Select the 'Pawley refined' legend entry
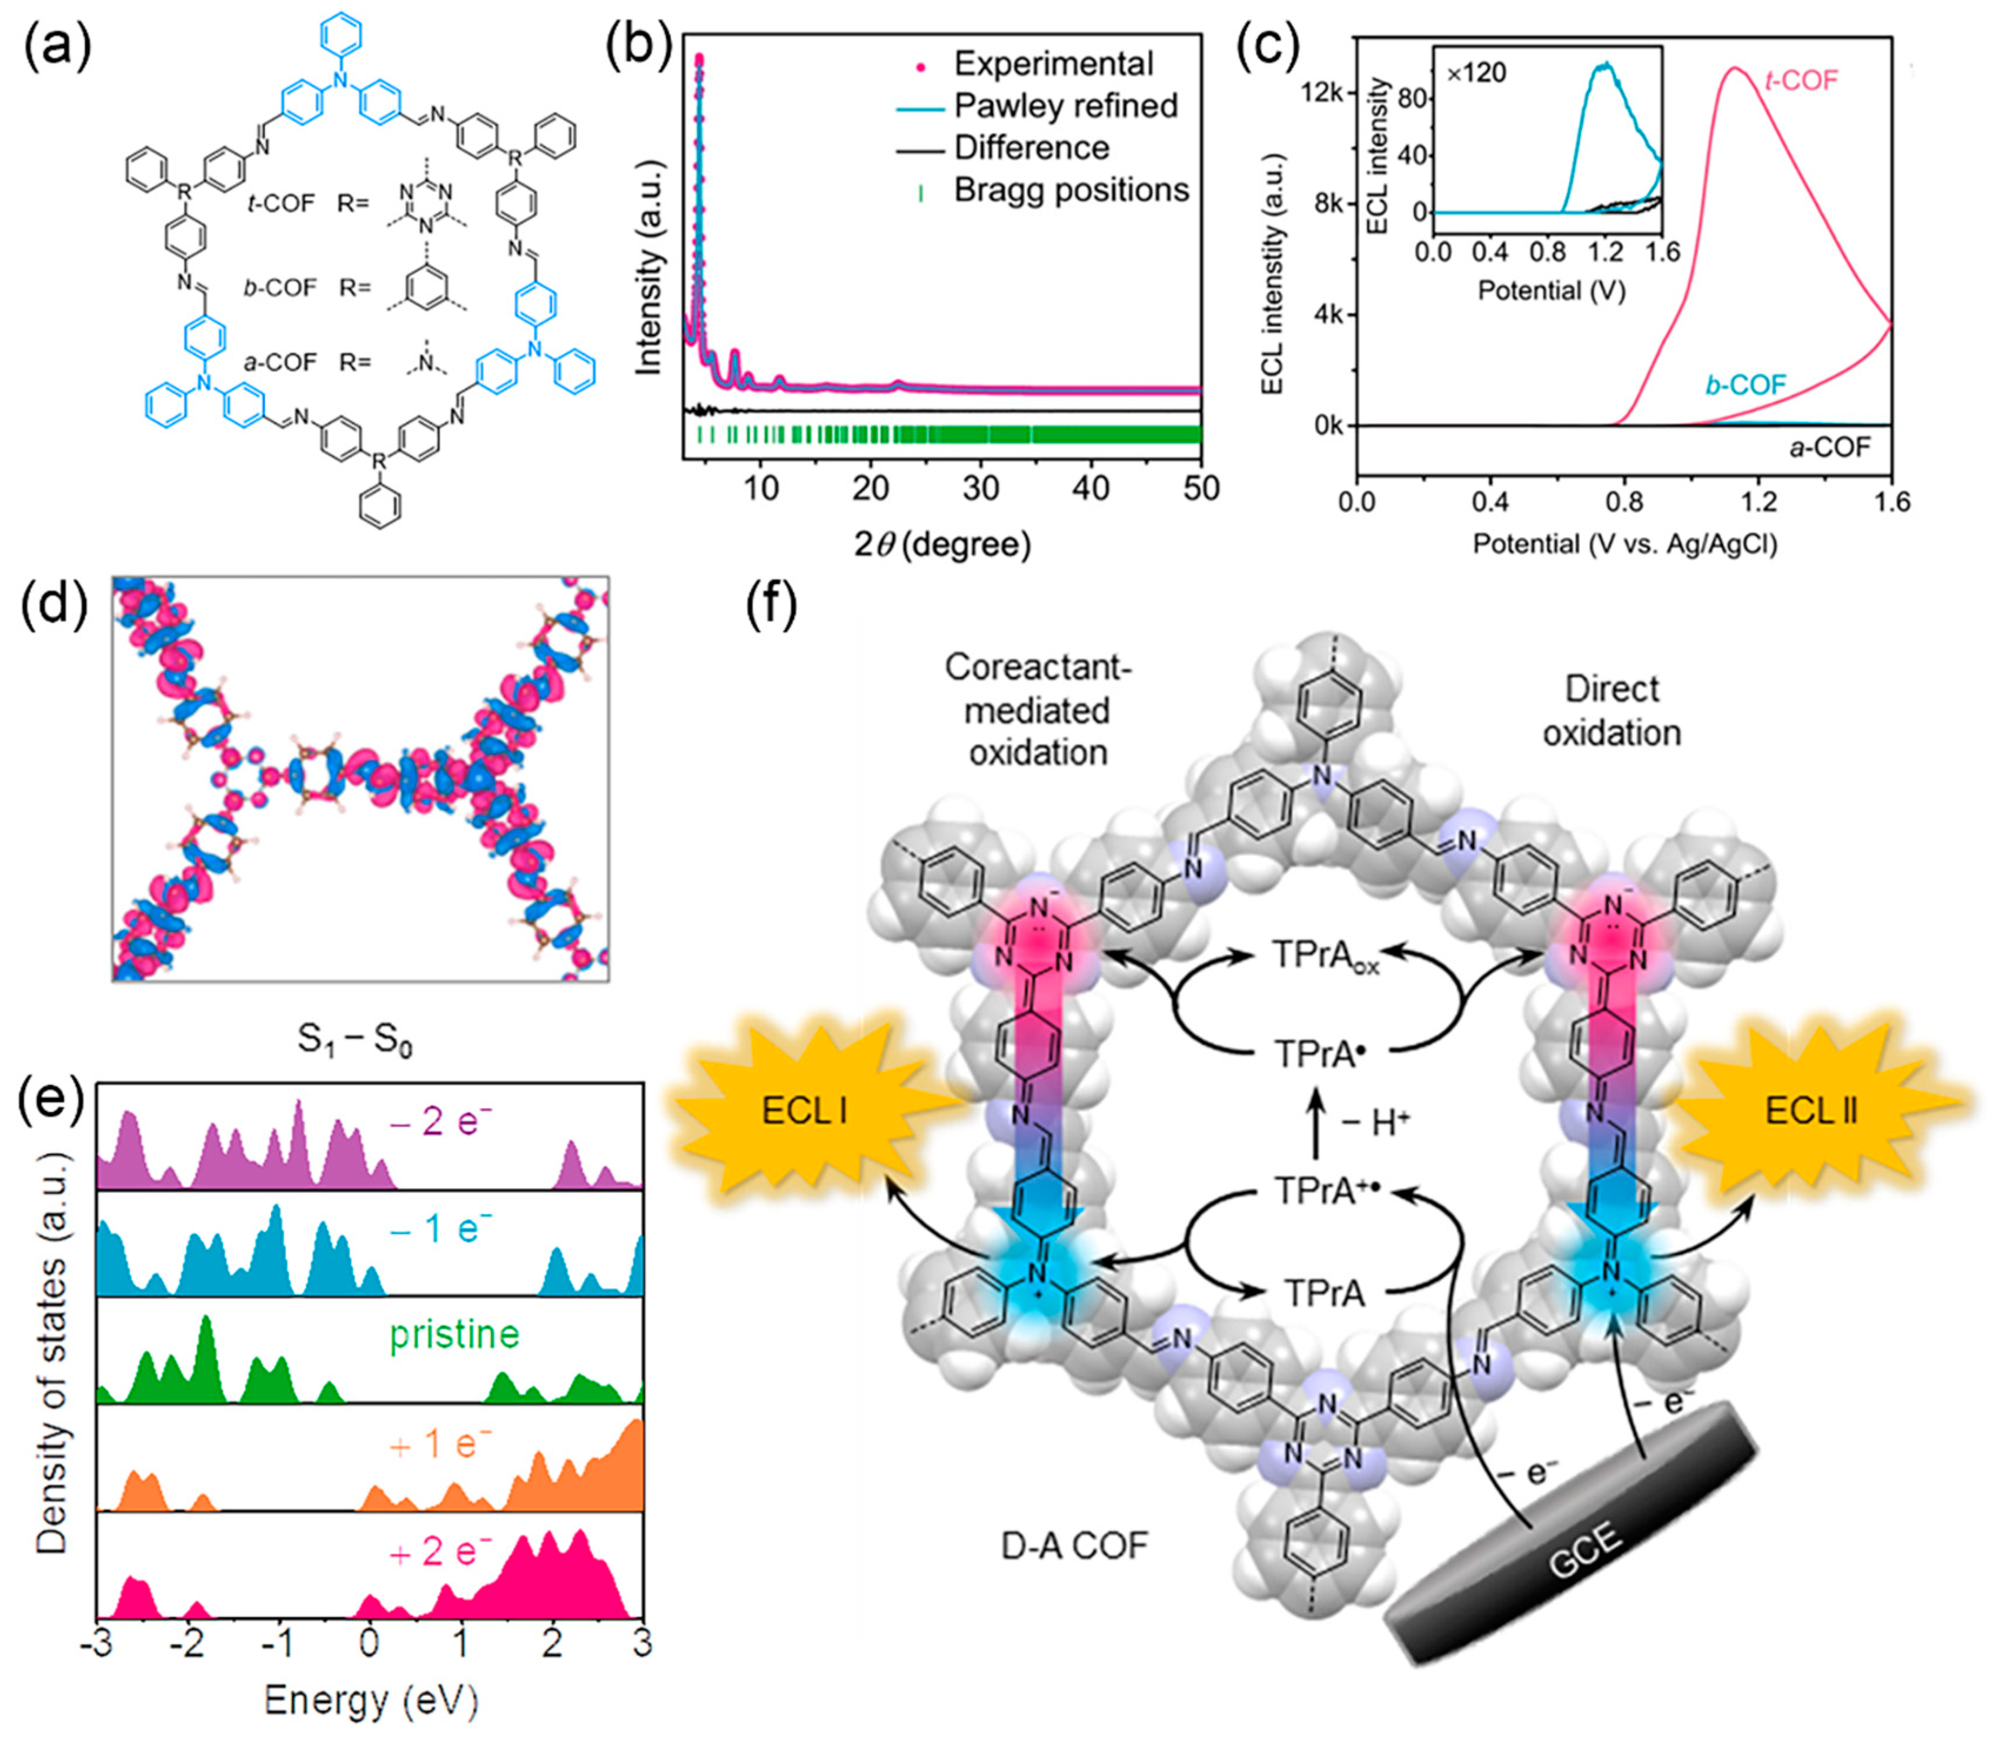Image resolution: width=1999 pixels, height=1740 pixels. (x=1065, y=106)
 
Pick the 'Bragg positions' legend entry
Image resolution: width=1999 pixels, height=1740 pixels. (x=1071, y=190)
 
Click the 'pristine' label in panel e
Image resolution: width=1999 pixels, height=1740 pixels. (x=454, y=1335)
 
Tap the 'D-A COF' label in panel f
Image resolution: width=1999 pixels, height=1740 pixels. (x=1074, y=1545)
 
